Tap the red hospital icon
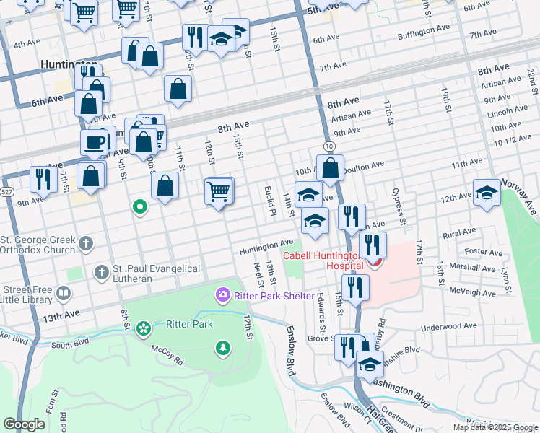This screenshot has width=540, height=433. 373,261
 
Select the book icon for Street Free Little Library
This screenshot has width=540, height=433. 63,294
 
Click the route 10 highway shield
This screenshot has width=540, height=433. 329,146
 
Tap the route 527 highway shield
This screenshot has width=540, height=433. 7,192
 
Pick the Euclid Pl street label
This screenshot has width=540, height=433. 270,201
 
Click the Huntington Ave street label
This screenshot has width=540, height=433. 266,246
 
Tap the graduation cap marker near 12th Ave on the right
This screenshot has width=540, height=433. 487,193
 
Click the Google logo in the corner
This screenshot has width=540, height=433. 24,424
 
